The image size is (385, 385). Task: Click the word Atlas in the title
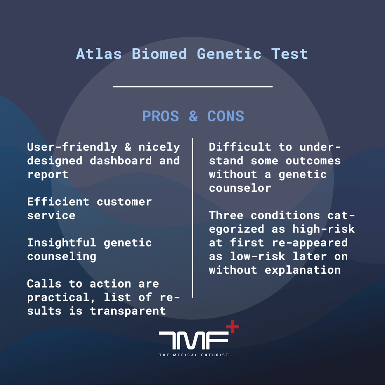click(x=99, y=54)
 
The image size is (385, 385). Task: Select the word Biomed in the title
click(x=159, y=54)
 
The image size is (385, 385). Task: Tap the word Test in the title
click(x=290, y=54)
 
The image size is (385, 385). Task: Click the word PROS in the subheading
click(x=161, y=116)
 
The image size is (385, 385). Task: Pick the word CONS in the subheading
click(x=226, y=116)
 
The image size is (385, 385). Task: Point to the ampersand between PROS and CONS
click(x=194, y=116)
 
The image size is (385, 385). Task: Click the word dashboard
click(x=121, y=161)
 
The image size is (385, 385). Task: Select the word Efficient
click(x=58, y=202)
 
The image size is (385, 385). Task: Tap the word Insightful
click(x=62, y=243)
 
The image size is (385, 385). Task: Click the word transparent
click(x=128, y=311)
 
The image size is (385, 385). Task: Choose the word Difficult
click(x=240, y=147)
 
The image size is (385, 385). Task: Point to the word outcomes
click(x=313, y=161)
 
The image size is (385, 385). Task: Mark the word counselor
click(x=240, y=188)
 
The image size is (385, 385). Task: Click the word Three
click(x=226, y=215)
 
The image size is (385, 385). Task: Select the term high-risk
click(x=323, y=229)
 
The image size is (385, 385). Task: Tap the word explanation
click(x=303, y=270)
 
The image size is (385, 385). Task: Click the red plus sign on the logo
click(x=233, y=327)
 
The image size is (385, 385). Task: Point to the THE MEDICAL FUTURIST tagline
click(x=194, y=355)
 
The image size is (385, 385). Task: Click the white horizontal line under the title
click(x=193, y=87)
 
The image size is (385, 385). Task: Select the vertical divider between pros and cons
click(x=193, y=218)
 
